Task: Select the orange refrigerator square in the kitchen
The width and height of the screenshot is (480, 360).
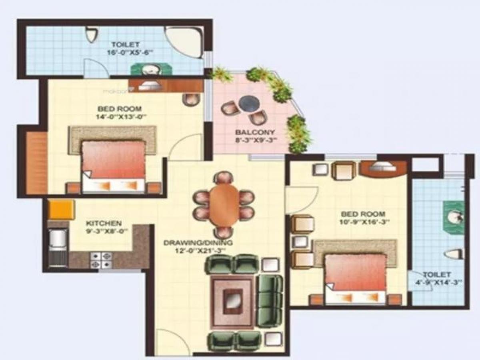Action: pos(61,209)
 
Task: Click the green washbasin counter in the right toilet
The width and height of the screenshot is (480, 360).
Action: pos(454,218)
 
